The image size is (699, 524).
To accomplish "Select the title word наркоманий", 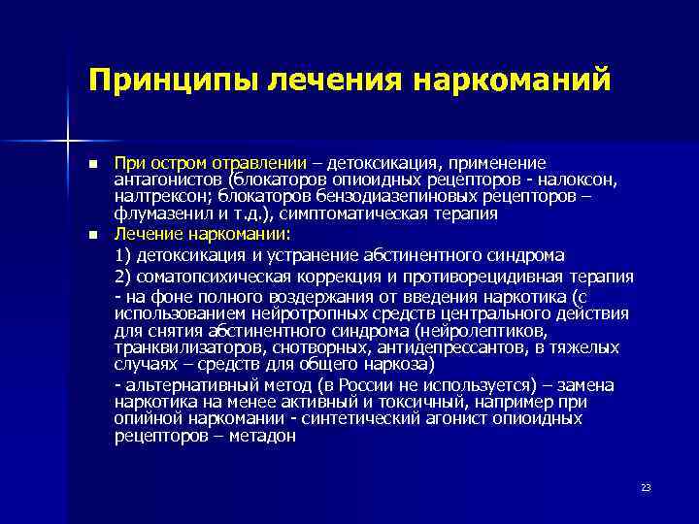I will tap(515, 79).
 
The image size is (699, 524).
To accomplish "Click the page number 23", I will tap(646, 486).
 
